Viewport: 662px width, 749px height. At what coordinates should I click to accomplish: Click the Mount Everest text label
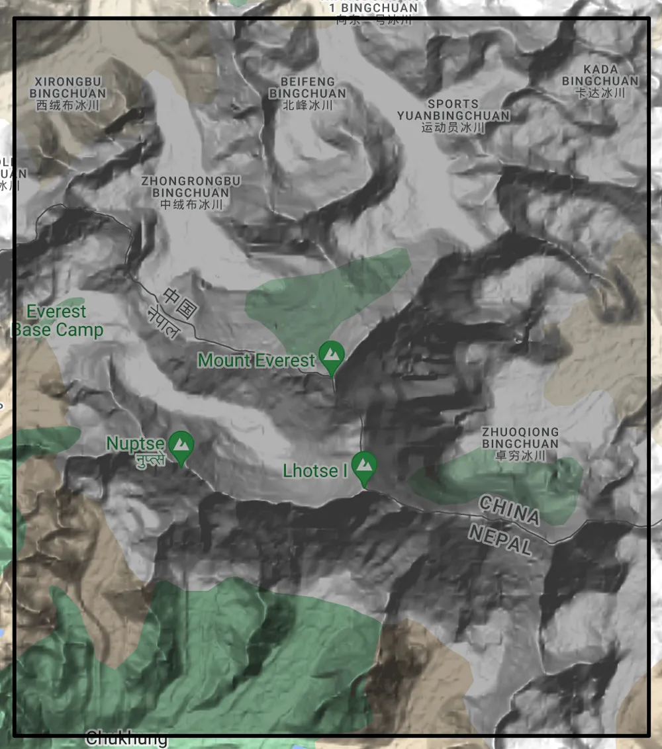pos(257,361)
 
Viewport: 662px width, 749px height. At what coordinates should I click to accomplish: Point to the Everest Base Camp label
pos(58,321)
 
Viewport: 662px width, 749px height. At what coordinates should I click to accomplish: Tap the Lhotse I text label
pos(315,471)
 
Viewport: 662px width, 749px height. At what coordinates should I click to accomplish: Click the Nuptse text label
pos(135,443)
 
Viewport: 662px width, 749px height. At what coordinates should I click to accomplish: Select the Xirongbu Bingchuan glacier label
pos(68,87)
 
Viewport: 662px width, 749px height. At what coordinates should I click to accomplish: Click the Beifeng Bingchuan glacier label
pos(307,87)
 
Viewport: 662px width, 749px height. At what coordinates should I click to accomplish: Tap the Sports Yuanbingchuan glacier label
pos(453,110)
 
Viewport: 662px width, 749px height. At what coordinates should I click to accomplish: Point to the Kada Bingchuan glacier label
pos(600,75)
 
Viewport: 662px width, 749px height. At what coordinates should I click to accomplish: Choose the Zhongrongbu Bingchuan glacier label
pos(191,187)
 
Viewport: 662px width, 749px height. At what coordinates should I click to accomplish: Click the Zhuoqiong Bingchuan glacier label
pos(520,437)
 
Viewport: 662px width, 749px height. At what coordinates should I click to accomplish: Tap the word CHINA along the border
pos(509,510)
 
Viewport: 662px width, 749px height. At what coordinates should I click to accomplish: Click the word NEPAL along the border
pos(500,539)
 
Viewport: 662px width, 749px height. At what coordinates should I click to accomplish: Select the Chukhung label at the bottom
pos(126,738)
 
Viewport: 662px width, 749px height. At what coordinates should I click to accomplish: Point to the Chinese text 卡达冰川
pos(600,93)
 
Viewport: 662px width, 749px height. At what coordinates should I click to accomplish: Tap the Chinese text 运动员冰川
pos(453,127)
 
